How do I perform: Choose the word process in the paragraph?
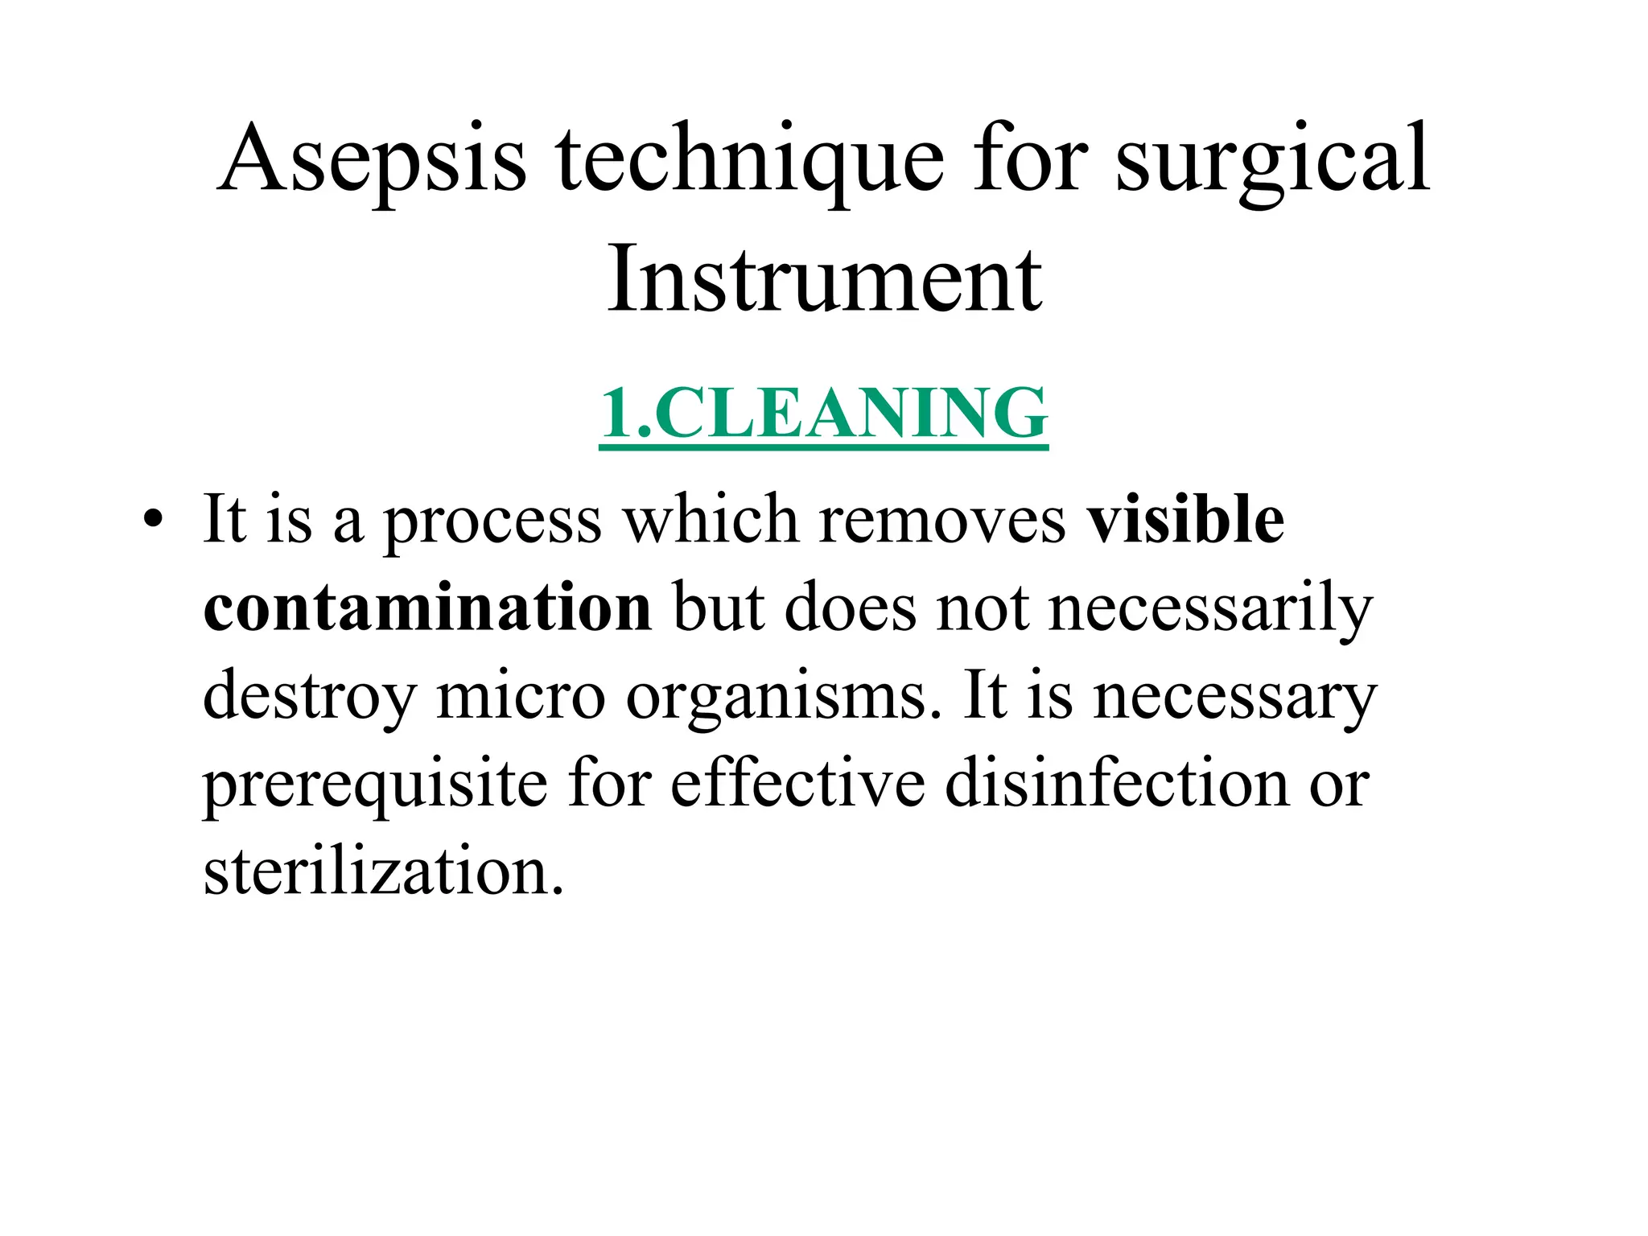[492, 521]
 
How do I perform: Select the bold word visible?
[1185, 520]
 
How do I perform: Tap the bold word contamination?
[427, 608]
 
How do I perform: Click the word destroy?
[309, 697]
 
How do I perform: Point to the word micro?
[520, 695]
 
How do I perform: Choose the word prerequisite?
[375, 785]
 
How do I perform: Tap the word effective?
[797, 784]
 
